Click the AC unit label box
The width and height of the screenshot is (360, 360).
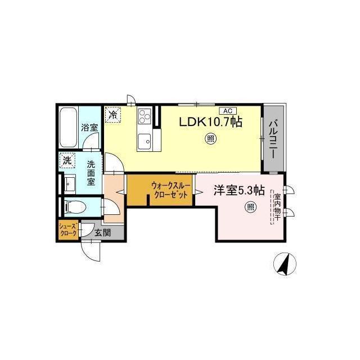(x=228, y=111)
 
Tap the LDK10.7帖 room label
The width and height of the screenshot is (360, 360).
(x=210, y=122)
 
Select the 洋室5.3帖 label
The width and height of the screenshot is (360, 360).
(x=239, y=190)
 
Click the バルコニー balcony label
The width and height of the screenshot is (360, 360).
(x=273, y=139)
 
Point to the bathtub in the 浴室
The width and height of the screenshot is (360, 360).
(x=68, y=128)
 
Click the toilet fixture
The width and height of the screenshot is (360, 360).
(x=75, y=207)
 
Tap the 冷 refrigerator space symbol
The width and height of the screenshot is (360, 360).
(x=113, y=114)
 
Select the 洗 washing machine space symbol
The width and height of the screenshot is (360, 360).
(x=67, y=160)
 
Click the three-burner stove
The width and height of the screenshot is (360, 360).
(x=145, y=116)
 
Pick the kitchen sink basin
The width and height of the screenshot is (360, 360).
(x=145, y=142)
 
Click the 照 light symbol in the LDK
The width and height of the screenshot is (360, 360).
(x=210, y=138)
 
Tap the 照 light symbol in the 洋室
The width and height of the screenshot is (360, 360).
(x=250, y=208)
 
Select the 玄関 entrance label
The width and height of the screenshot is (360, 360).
(x=103, y=233)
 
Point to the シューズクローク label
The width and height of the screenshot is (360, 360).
(x=67, y=230)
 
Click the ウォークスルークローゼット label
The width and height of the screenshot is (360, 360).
(x=170, y=190)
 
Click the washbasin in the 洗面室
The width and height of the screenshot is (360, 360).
(x=70, y=183)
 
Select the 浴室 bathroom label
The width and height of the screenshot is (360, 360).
(x=89, y=128)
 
